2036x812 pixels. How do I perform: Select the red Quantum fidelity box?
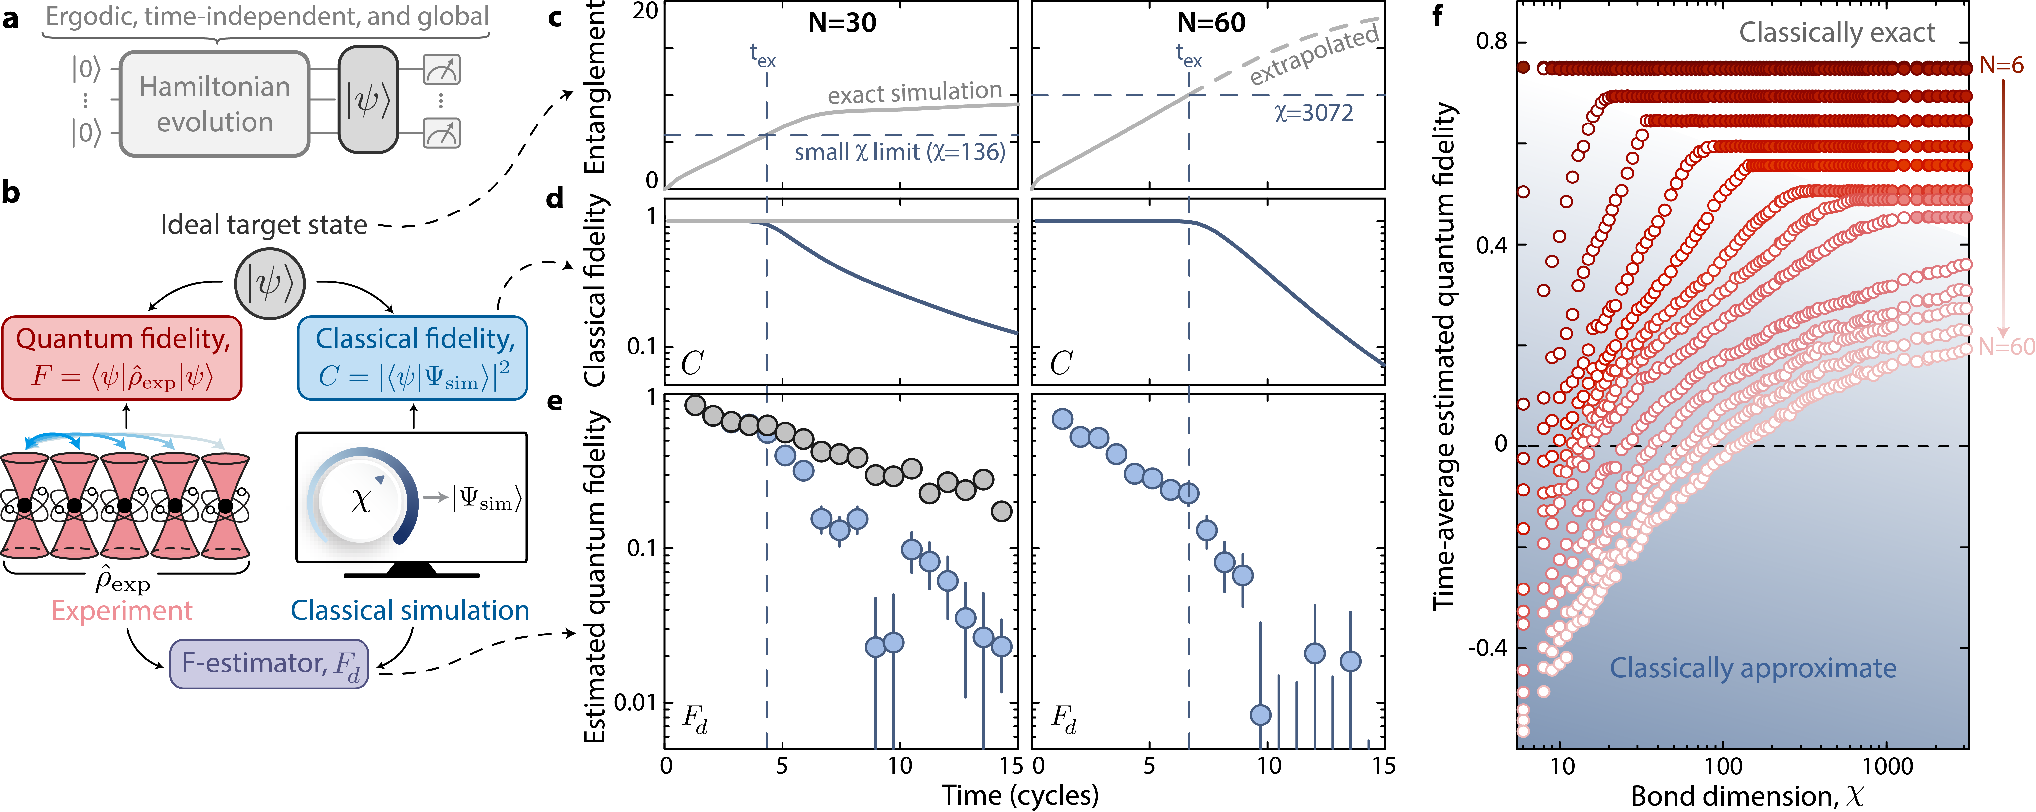[x=123, y=357]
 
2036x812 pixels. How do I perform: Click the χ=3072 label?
[x=1314, y=113]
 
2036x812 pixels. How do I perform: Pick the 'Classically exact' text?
[x=1837, y=32]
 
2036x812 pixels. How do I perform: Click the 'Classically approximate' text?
[x=1753, y=668]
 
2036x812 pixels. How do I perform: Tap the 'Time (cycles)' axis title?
[x=1019, y=795]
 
